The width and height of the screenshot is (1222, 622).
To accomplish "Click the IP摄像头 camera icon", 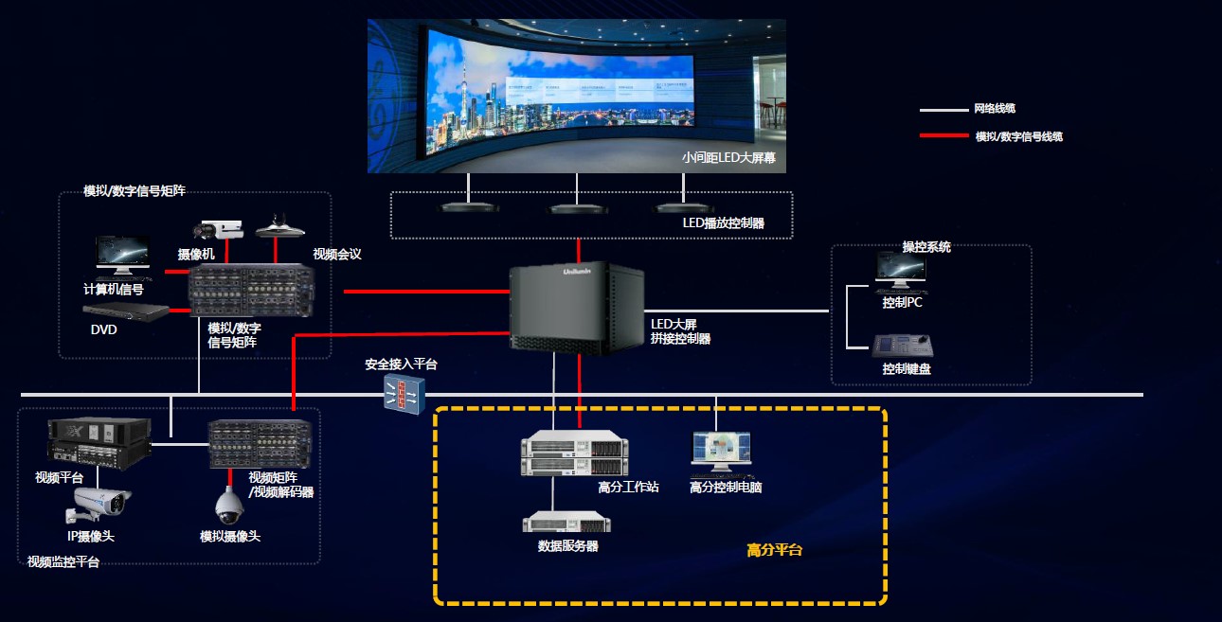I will tap(97, 503).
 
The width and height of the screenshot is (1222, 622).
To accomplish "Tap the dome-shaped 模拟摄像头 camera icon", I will tap(227, 506).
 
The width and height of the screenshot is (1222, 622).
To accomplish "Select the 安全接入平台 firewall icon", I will tap(404, 394).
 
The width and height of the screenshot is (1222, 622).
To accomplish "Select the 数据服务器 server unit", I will tap(566, 522).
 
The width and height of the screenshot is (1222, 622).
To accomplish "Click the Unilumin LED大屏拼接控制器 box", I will tap(577, 308).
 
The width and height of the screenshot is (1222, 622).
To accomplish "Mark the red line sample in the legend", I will tap(943, 136).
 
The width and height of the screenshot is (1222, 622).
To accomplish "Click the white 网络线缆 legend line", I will tap(943, 110).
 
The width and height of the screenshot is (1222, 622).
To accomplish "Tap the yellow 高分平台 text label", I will tap(774, 550).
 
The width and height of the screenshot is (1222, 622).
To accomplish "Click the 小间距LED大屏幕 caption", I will tap(728, 158).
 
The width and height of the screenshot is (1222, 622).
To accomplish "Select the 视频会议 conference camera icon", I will tap(277, 226).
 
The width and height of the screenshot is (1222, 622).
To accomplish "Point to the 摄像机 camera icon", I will tap(219, 229).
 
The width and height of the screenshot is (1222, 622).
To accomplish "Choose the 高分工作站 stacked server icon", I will tap(573, 455).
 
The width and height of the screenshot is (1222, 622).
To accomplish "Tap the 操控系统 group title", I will tap(926, 247).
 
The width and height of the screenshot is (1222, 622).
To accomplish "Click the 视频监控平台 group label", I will tap(63, 562).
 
